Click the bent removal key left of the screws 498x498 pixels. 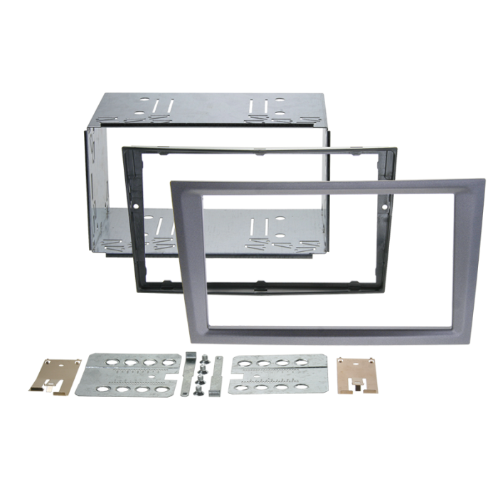tap(186, 373)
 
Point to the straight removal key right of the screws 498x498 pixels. tap(217, 376)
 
